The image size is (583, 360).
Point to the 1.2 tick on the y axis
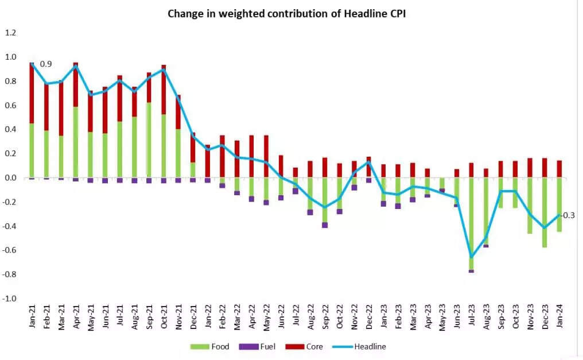[x=11, y=33]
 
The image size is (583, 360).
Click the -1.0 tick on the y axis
[x=10, y=299]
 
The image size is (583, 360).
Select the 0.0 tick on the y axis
[x=11, y=178]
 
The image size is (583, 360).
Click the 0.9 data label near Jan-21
[x=45, y=64]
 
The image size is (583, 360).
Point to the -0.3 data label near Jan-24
[x=568, y=215]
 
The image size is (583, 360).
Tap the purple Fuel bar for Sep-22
[x=325, y=225]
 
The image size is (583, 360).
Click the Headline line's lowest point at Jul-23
[x=472, y=257]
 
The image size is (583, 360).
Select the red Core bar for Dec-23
[x=545, y=168]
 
